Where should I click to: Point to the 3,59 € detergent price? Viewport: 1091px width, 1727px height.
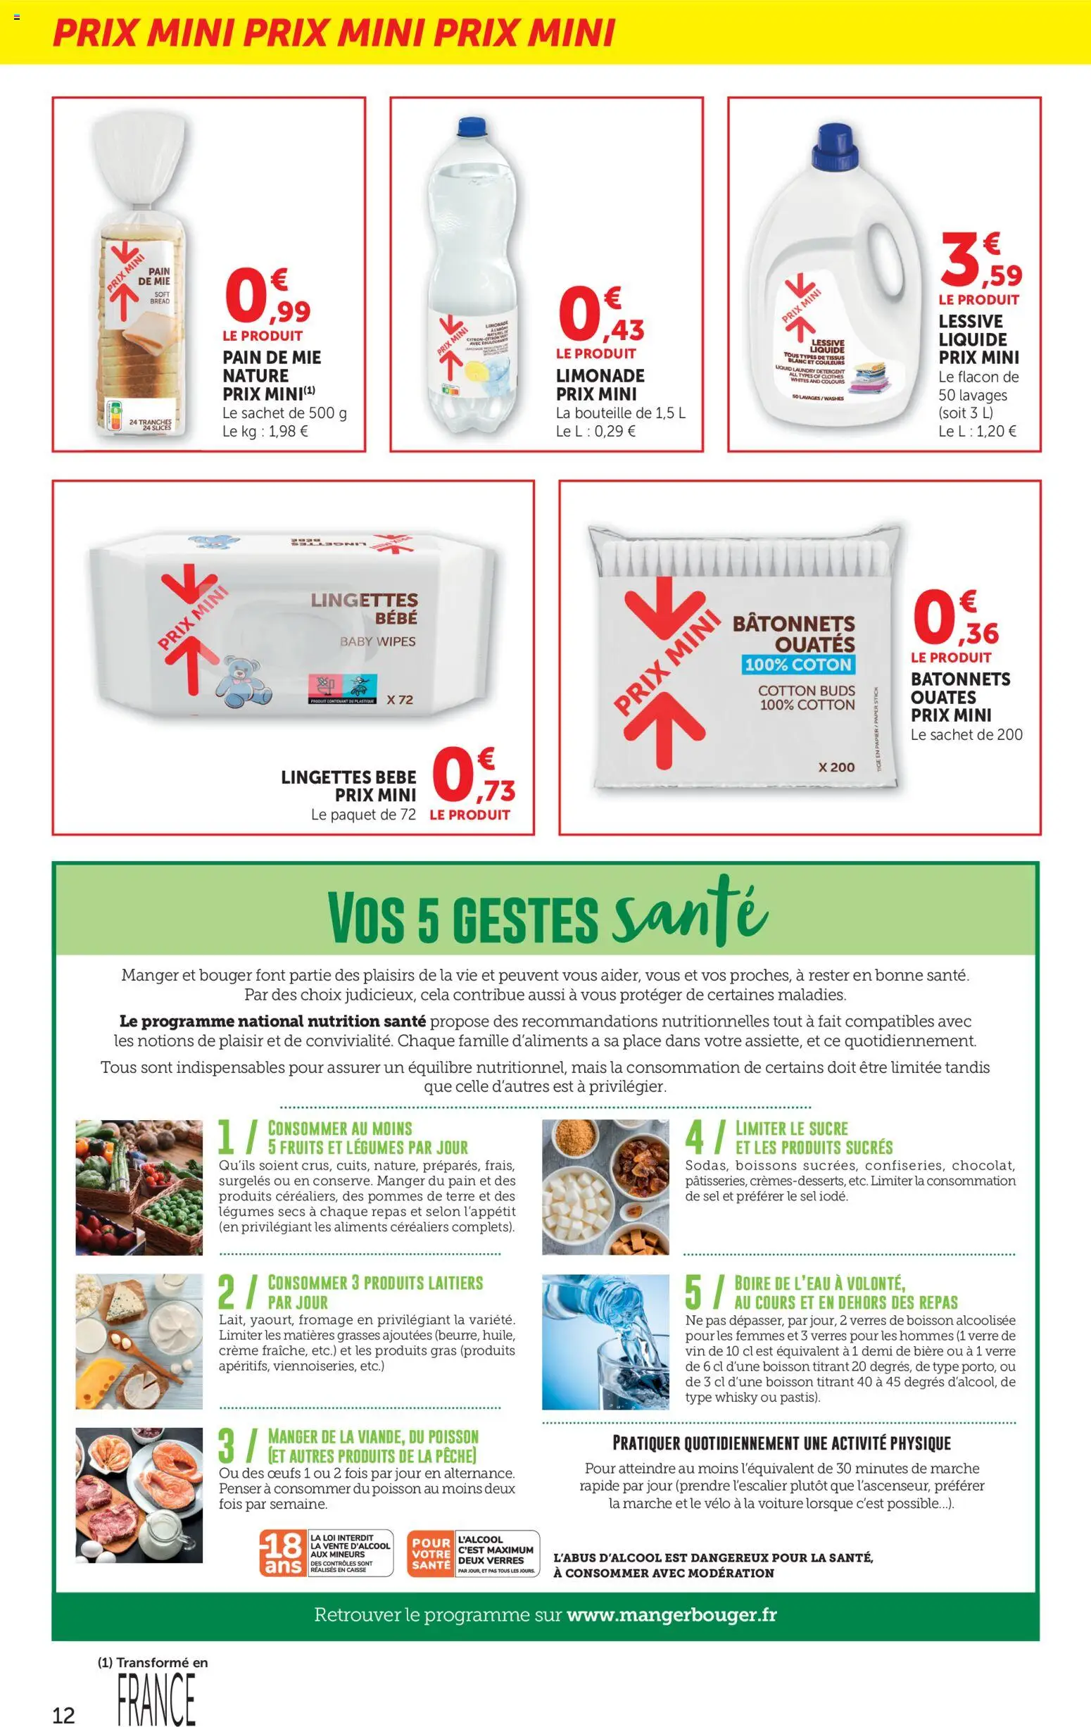tap(980, 263)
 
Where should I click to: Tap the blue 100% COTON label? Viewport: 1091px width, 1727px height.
tap(798, 664)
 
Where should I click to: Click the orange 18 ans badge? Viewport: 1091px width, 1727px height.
tap(282, 1554)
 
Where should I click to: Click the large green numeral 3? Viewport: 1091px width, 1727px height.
tap(227, 1446)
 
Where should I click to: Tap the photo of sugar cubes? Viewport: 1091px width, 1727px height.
tap(605, 1187)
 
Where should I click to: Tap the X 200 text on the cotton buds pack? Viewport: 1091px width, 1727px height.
tap(835, 767)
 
